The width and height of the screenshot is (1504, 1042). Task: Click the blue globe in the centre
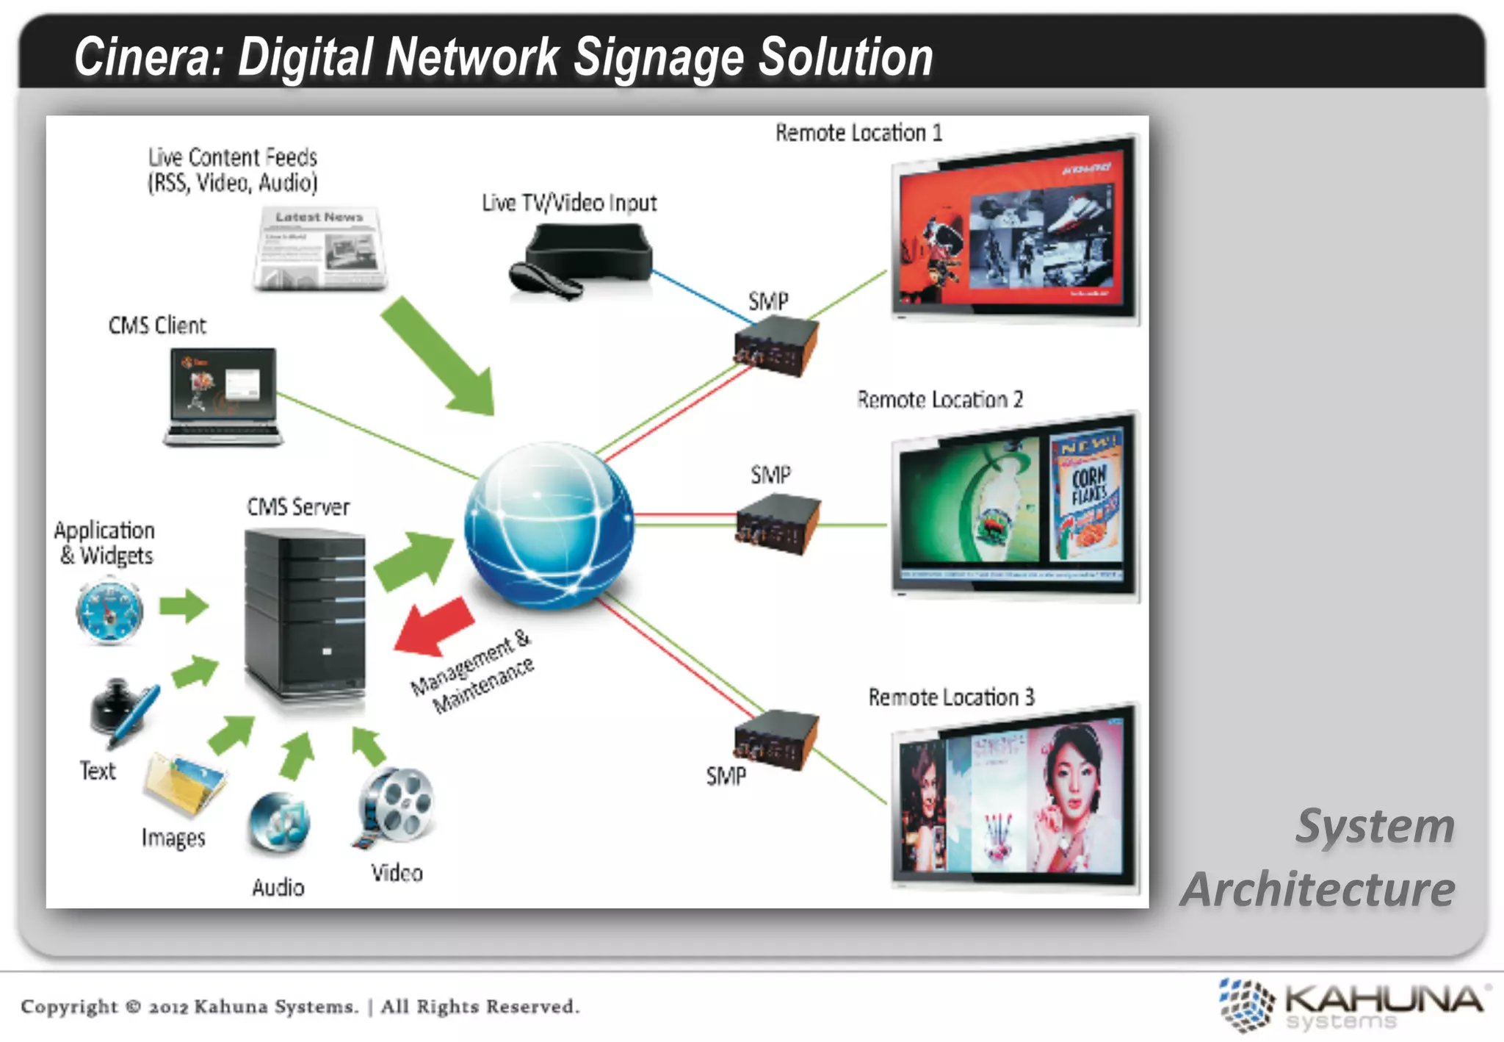549,525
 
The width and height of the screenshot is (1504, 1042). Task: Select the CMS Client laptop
223,397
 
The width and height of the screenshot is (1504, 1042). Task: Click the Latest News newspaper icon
320,248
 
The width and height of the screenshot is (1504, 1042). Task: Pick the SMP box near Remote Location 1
776,345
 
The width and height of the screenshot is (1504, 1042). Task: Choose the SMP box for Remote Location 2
778,523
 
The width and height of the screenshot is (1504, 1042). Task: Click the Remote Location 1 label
858,133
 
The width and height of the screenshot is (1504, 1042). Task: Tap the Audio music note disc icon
279,823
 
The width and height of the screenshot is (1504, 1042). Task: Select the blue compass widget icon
109,611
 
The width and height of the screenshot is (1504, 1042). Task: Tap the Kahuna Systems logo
1351,1005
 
